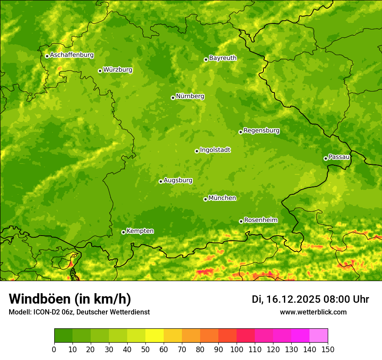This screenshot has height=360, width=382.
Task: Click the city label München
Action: point(222,198)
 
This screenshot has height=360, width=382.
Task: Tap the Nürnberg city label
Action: point(190,96)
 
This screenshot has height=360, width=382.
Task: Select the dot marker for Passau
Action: point(326,158)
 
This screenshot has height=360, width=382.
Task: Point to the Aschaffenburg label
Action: point(72,55)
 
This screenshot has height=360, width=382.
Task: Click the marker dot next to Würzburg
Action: point(100,71)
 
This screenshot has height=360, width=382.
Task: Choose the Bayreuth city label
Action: point(223,58)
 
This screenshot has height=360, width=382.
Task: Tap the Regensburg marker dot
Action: point(240,132)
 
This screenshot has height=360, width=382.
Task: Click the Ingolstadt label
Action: point(215,150)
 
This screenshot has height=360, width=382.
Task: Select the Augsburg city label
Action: point(178,180)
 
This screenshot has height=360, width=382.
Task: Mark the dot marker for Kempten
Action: point(123,232)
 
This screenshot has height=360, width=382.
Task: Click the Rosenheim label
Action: point(260,220)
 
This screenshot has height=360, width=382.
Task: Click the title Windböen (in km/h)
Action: point(69,299)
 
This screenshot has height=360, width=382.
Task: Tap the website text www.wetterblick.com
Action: point(313,312)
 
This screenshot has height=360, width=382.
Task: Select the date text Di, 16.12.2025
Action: point(286,299)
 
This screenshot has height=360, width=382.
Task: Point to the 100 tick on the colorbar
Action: point(237,350)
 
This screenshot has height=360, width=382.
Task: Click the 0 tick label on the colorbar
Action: point(54,350)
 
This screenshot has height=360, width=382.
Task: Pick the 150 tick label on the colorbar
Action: point(328,350)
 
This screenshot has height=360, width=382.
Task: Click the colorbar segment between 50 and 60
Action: point(155,336)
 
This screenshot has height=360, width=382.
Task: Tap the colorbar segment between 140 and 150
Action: point(319,336)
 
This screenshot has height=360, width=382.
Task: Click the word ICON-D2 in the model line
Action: point(45,312)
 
